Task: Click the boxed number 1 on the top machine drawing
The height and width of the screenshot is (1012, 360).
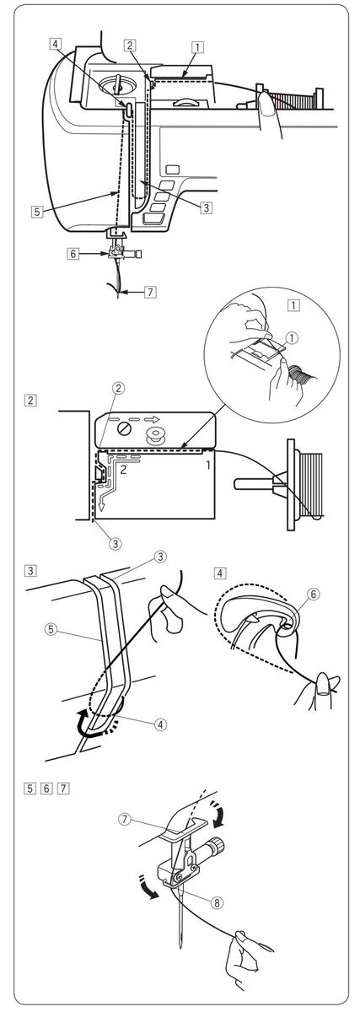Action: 197,47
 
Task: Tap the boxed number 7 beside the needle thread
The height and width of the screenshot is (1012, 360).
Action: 151,292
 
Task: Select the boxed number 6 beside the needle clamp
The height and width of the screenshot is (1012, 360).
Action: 73,254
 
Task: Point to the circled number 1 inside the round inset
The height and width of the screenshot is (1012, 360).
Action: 293,337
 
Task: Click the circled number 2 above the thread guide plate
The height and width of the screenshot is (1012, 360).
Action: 119,388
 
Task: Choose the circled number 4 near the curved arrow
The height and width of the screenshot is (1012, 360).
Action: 160,724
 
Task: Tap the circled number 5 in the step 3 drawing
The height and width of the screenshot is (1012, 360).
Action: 51,629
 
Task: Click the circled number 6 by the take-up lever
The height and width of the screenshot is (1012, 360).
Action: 314,594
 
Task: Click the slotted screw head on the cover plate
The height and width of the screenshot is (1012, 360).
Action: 122,428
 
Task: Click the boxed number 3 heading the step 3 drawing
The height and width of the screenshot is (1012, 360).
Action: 30,570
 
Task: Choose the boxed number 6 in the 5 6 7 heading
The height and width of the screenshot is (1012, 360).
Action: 47,789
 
